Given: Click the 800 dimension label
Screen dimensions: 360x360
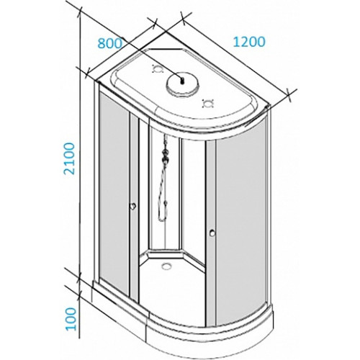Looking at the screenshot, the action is pos(110,44).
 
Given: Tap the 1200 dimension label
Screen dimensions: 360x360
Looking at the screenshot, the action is pos(249,42).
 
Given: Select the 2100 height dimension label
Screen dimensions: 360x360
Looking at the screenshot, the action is pos(71,158).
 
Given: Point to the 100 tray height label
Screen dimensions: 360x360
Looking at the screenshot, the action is pos(71,319).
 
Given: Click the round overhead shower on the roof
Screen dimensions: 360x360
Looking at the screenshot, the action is pos(183,85).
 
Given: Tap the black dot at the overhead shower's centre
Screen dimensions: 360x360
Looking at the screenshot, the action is pos(183,81).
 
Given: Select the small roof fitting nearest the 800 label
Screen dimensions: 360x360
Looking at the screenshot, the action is pos(158,69).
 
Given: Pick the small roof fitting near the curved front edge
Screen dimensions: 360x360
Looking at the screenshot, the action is pos(207,104).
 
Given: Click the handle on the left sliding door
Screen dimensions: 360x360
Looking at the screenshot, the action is pos(133,206).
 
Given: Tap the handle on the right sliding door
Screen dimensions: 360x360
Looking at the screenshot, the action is pos(212,233).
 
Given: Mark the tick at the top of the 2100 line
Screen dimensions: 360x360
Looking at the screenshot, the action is pos(80,12).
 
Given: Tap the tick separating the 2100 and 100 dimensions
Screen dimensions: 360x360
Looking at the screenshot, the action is pos(80,280).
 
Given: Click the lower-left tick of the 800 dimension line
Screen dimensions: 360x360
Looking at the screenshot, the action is pos(87,73).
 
